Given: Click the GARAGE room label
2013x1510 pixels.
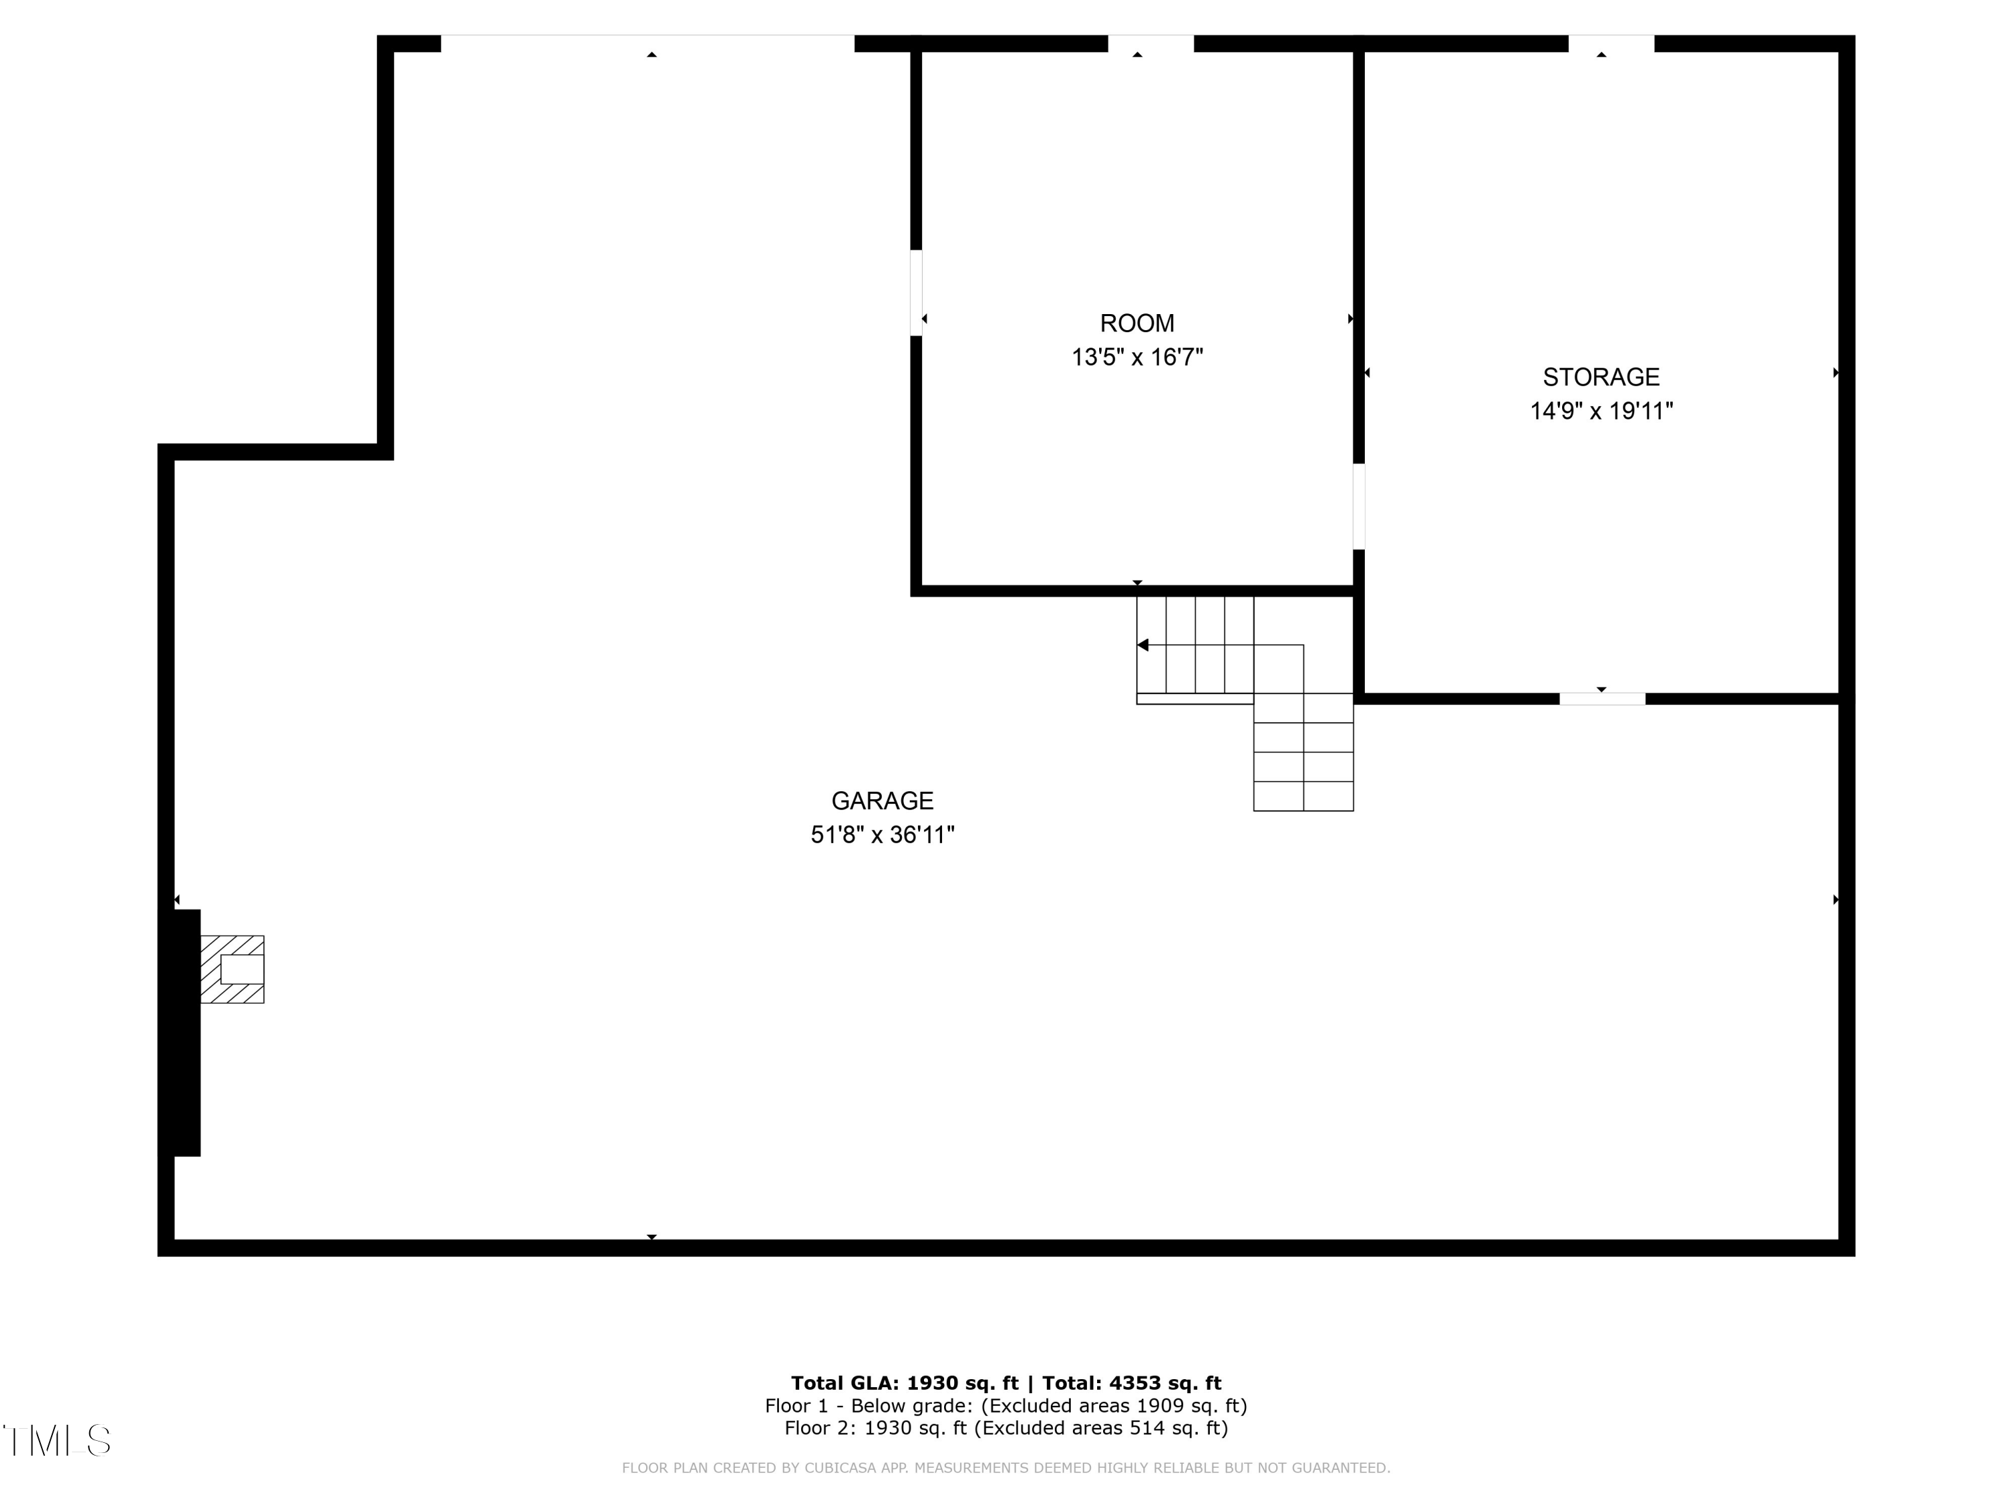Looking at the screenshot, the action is [x=882, y=801].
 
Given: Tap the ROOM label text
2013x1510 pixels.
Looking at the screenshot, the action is [x=1137, y=323].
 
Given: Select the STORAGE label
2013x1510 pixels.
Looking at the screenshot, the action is [x=1601, y=376].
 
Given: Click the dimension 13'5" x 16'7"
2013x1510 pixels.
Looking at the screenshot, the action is [x=1137, y=357].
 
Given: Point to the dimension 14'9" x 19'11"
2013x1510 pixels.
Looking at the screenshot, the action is [x=1601, y=411].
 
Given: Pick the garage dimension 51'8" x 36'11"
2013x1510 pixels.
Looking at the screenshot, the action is [x=882, y=835].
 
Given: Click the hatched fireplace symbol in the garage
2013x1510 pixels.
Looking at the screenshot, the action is [x=232, y=969].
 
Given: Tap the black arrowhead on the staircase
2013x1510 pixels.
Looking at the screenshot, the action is [x=1143, y=646].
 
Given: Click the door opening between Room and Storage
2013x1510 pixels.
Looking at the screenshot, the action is [x=1359, y=507].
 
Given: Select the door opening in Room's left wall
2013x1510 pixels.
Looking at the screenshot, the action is [x=915, y=293].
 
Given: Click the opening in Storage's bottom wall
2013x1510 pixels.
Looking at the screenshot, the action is [x=1602, y=699].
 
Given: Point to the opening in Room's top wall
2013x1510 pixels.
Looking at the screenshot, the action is [x=1150, y=44].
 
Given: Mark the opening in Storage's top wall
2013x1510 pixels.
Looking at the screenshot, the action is [x=1611, y=44].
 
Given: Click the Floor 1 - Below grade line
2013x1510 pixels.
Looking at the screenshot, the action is [x=1006, y=1406].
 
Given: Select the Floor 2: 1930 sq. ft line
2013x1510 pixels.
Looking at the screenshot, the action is [x=1006, y=1428].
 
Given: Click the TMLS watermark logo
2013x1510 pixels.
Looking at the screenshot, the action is [x=56, y=1441].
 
